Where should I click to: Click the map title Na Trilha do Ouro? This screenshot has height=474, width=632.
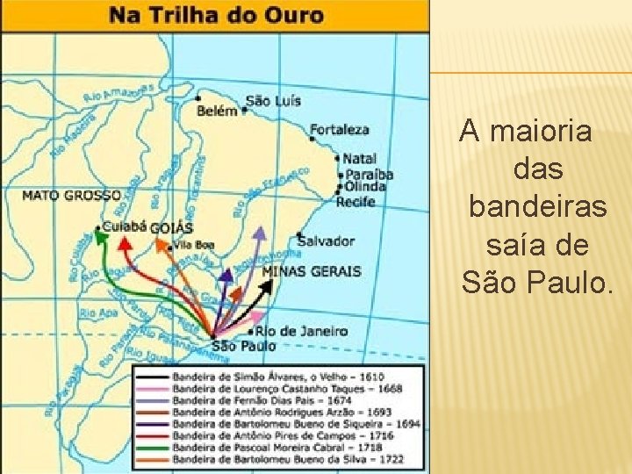click(x=216, y=16)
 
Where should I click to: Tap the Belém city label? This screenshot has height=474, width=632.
click(x=218, y=111)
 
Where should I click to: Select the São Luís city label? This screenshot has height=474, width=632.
click(x=272, y=100)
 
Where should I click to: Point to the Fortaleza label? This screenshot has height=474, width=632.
click(x=340, y=130)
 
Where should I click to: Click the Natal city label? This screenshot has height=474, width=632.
click(x=359, y=159)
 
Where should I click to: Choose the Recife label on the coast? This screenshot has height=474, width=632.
click(x=355, y=202)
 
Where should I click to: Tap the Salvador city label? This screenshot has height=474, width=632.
click(x=327, y=241)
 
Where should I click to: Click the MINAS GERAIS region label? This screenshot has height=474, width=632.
click(x=311, y=271)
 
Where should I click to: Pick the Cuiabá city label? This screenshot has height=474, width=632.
click(x=124, y=226)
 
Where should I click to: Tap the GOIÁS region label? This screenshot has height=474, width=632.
click(x=171, y=228)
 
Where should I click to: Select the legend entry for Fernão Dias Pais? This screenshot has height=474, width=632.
click(x=263, y=399)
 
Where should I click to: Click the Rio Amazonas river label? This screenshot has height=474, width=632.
click(x=118, y=92)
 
